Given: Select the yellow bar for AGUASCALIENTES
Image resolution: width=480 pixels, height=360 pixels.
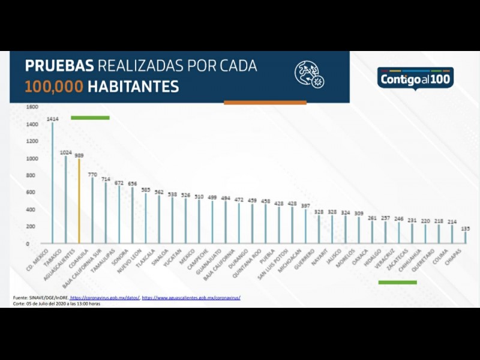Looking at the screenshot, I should pyautogui.click(x=79, y=201).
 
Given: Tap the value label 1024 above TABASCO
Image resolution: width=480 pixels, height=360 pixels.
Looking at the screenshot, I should pyautogui.click(x=66, y=152).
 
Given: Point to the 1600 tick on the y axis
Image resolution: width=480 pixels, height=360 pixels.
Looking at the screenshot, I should pyautogui.click(x=32, y=107).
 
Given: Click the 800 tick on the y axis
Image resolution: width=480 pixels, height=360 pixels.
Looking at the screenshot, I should pyautogui.click(x=32, y=176).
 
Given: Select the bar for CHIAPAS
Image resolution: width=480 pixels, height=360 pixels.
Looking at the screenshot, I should pyautogui.click(x=465, y=237).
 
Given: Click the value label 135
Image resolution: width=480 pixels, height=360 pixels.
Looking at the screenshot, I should pyautogui.click(x=465, y=228).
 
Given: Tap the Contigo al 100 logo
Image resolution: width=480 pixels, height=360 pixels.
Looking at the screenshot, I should pyautogui.click(x=416, y=79).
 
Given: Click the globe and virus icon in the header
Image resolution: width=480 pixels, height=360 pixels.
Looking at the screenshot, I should pyautogui.click(x=310, y=74).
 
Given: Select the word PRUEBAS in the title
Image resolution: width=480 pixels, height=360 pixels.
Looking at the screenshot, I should pyautogui.click(x=59, y=65).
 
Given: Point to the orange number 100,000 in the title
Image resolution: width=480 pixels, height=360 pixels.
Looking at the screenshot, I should pyautogui.click(x=54, y=86).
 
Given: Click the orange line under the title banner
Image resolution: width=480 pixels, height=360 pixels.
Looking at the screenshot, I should pyautogui.click(x=265, y=103).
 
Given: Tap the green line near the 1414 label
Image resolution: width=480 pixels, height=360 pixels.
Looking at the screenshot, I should pyautogui.click(x=90, y=118).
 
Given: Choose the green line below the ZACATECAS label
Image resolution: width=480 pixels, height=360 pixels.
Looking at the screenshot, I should pyautogui.click(x=397, y=281).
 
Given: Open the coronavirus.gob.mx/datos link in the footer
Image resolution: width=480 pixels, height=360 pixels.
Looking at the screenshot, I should pyautogui.click(x=104, y=298).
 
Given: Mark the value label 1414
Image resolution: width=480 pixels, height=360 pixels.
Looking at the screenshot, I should pyautogui.click(x=53, y=119).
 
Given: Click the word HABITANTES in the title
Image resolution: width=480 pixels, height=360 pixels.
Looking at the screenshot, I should pyautogui.click(x=133, y=86).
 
